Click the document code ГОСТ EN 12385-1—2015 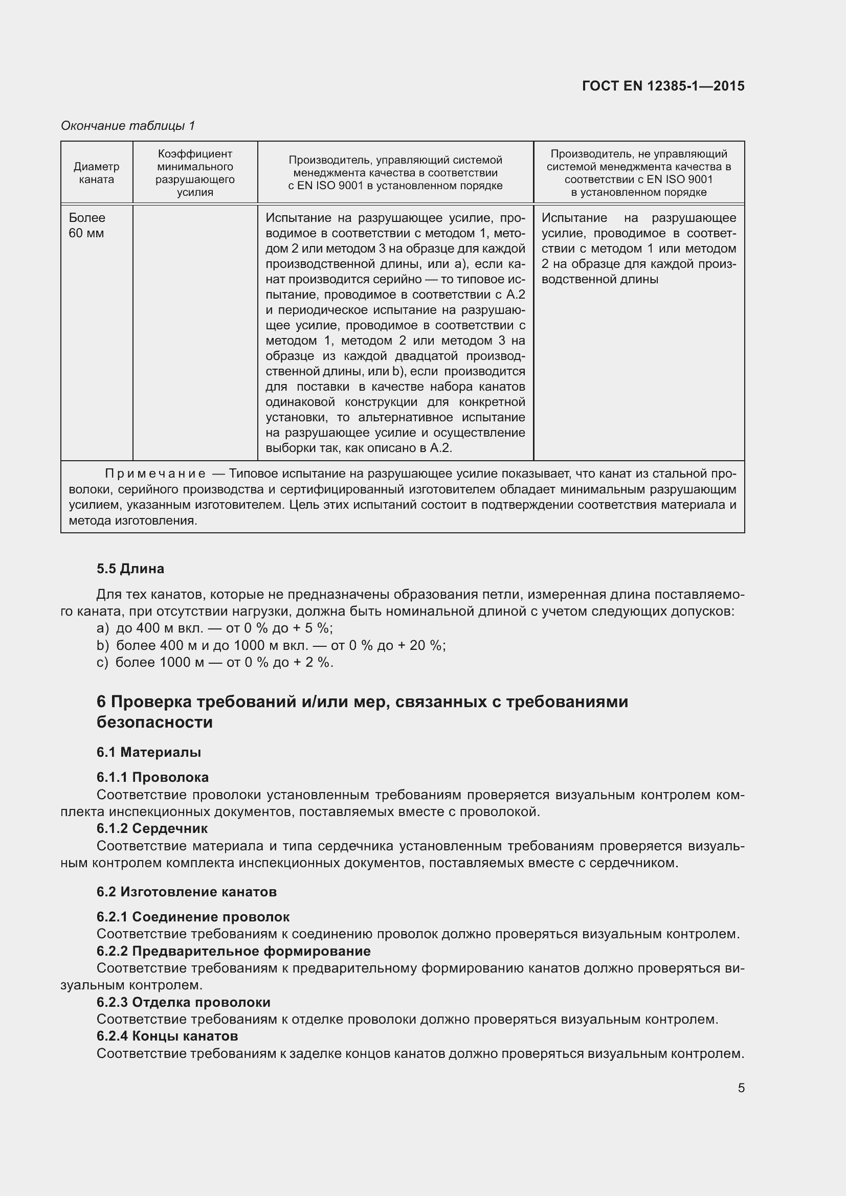point(663,86)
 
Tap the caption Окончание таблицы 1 point(128,126)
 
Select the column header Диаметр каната point(96,173)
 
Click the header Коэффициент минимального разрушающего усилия point(195,173)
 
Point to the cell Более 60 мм point(87,225)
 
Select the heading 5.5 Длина point(130,569)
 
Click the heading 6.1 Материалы point(148,752)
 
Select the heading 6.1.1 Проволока point(152,777)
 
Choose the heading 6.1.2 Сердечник point(151,828)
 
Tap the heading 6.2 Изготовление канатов point(186,892)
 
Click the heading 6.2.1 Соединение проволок point(193,917)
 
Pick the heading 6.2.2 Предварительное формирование point(233,951)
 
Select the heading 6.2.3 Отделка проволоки point(184,1002)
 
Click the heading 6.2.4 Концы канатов point(167,1036)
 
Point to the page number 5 point(741,1088)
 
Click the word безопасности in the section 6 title point(154,723)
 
